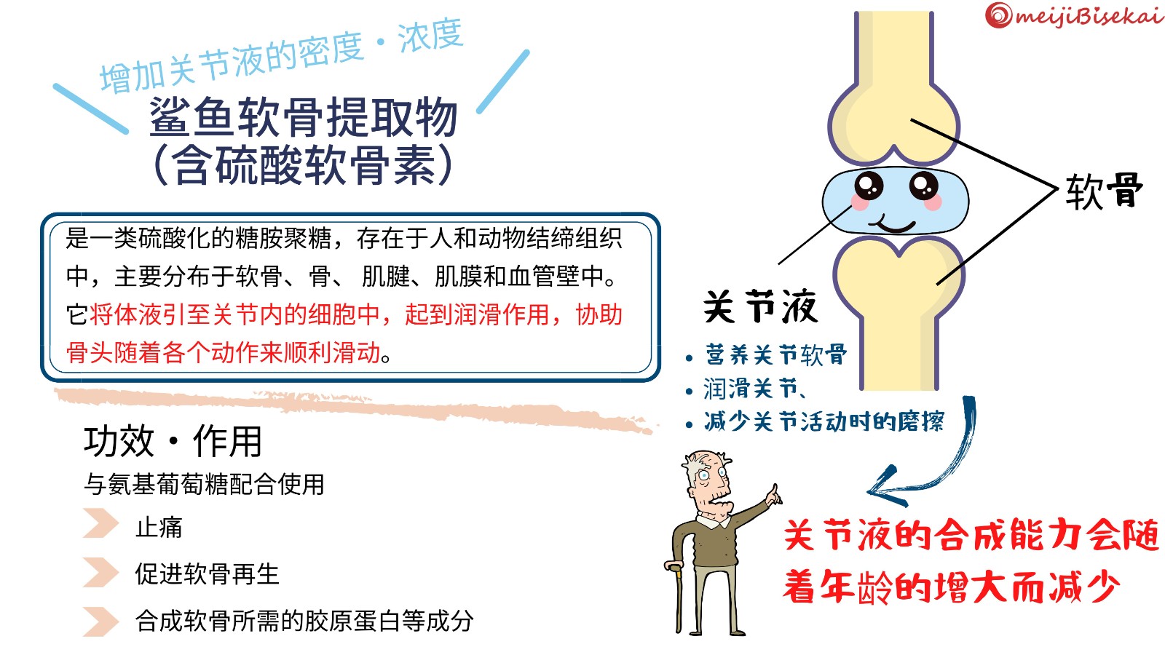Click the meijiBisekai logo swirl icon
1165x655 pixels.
[x=998, y=15]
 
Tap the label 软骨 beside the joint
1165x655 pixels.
[x=1104, y=191]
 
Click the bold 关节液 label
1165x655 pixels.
[x=760, y=306]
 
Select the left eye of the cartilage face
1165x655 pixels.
[x=869, y=185]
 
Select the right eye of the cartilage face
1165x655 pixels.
[x=924, y=185]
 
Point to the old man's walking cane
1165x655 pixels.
[x=676, y=597]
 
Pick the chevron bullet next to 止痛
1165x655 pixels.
[x=101, y=523]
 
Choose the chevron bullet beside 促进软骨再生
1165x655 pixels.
[x=101, y=572]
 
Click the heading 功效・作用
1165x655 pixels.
[x=173, y=441]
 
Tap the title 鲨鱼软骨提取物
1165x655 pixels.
[x=303, y=117]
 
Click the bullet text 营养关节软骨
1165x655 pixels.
[x=776, y=354]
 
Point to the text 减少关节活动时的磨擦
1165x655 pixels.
[x=824, y=421]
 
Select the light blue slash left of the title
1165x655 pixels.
[x=91, y=108]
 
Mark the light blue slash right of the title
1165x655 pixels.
[x=503, y=81]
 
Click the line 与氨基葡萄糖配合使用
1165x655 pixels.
[x=204, y=485]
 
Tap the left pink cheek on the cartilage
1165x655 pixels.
[x=860, y=202]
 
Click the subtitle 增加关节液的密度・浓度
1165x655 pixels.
[x=281, y=55]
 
